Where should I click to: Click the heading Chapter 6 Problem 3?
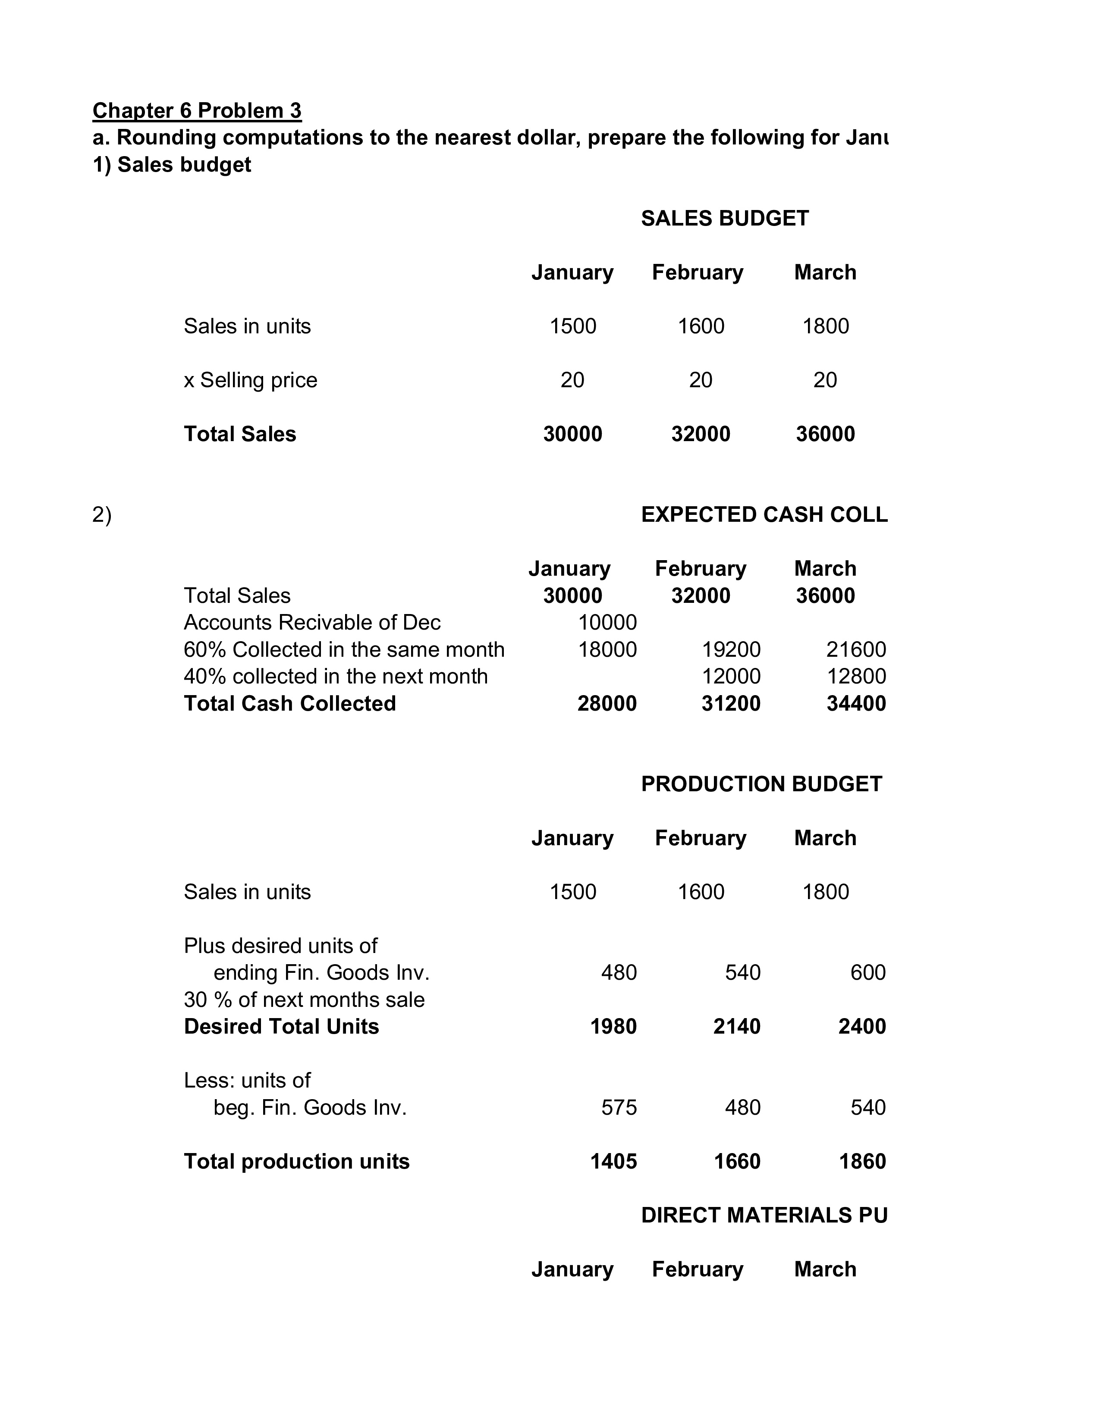197,111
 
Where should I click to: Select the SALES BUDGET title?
725,218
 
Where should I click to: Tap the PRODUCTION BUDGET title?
761,784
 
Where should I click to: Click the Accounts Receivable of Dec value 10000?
607,623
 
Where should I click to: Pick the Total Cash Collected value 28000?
607,704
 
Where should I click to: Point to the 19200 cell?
731,649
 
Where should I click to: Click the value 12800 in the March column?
856,676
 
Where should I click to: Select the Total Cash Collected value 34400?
856,704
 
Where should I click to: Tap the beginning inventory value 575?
619,1108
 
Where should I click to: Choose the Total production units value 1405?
613,1162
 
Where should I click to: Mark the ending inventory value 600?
867,973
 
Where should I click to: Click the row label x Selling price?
250,380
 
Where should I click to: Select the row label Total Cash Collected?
289,704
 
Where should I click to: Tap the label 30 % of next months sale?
304,1000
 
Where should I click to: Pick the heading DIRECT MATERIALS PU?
764,1215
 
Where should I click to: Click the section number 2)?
102,515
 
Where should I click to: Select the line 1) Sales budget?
171,165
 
